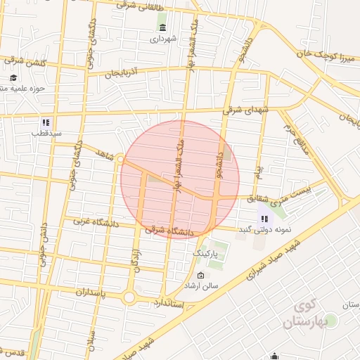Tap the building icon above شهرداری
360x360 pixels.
click(163, 27)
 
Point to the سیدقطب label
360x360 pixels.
click(50, 133)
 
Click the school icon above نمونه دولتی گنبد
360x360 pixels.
click(265, 219)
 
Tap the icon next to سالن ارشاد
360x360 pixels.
click(202, 275)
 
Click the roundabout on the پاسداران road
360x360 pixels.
click(129, 297)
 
